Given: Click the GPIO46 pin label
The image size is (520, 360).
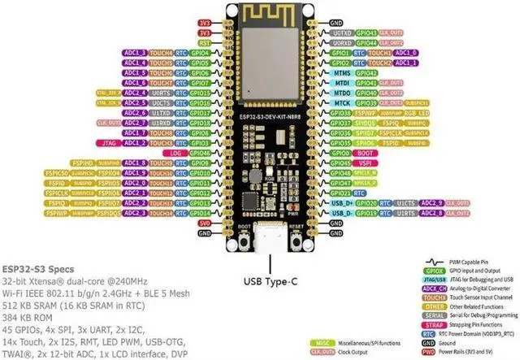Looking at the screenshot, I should pyautogui.click(x=201, y=152).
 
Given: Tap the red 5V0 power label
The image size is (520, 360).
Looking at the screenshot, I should pyautogui.click(x=204, y=222).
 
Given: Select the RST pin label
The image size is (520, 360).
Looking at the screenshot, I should pyautogui.click(x=204, y=42).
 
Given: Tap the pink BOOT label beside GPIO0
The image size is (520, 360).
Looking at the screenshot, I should pyautogui.click(x=366, y=152).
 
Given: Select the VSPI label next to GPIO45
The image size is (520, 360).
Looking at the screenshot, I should pyautogui.click(x=364, y=163).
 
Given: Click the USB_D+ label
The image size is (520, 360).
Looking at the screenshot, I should pyautogui.click(x=341, y=202).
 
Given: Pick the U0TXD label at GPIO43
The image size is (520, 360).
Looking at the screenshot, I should pyautogui.click(x=342, y=33).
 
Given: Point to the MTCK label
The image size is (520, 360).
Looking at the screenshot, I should pyautogui.click(x=342, y=102).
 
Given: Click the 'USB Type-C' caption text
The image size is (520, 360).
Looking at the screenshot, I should pyautogui.click(x=270, y=283).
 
